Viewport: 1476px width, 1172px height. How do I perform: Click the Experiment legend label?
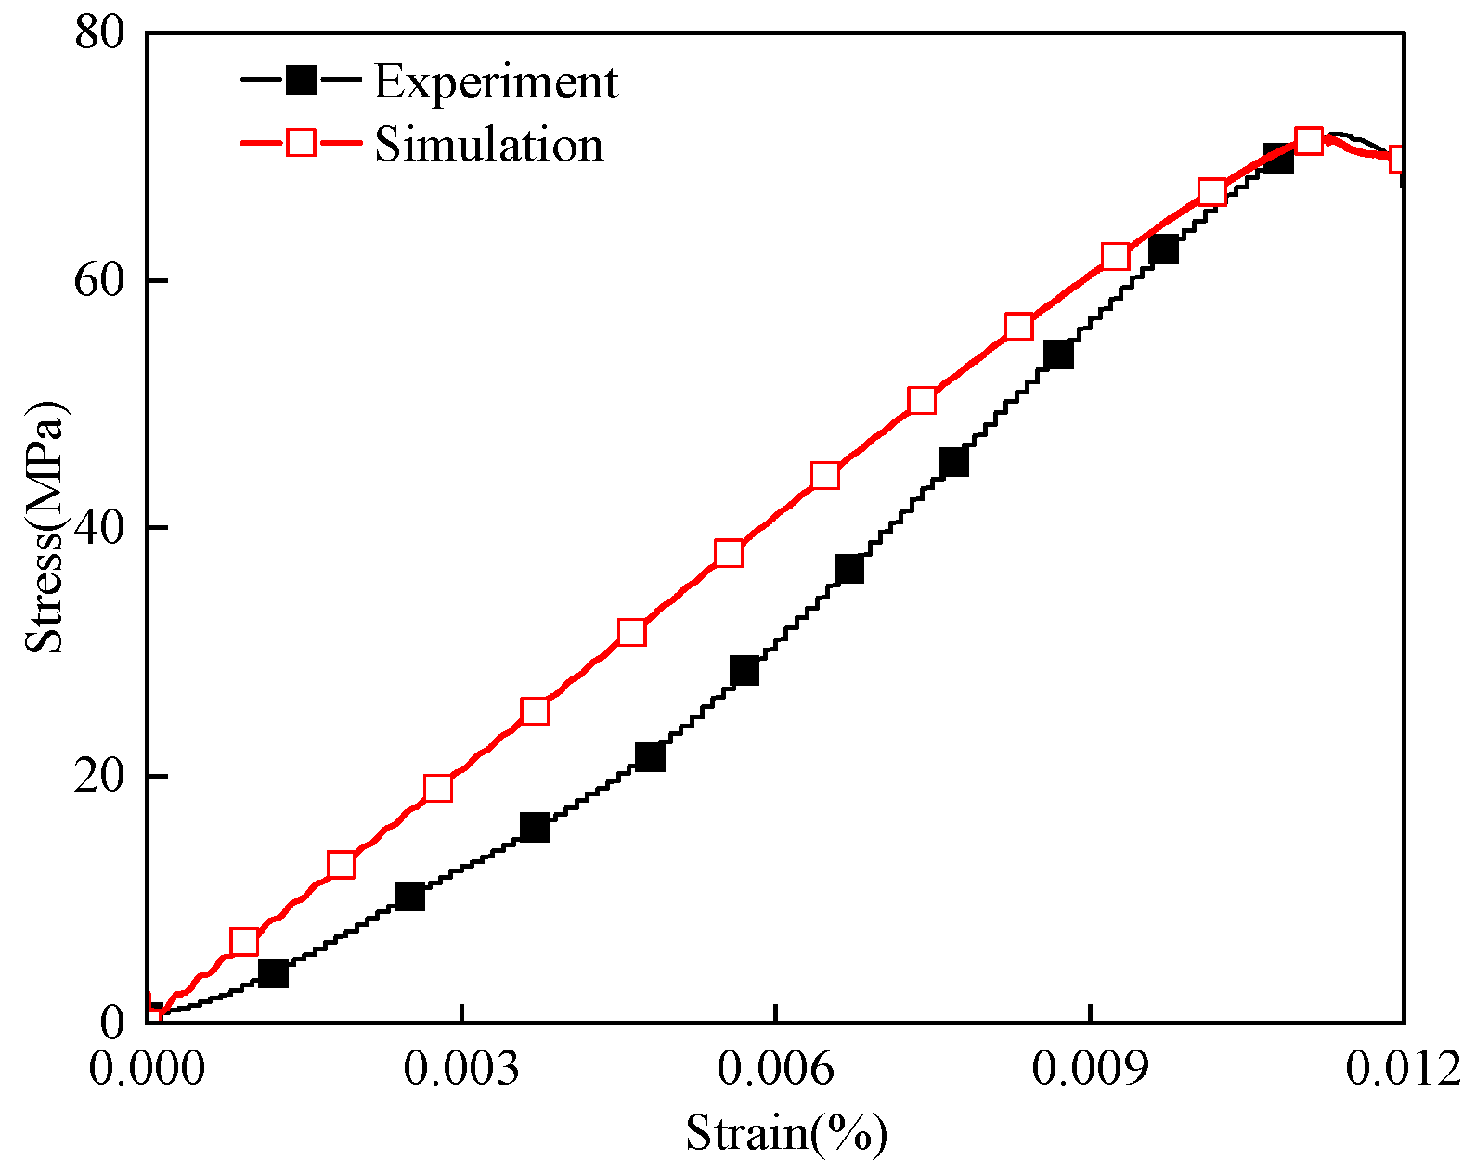[x=495, y=82]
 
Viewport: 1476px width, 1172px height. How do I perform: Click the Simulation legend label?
[x=489, y=145]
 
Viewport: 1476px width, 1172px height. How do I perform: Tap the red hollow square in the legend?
[x=301, y=143]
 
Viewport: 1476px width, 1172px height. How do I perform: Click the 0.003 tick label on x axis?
[x=460, y=1069]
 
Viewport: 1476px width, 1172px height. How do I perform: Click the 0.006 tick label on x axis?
[x=775, y=1069]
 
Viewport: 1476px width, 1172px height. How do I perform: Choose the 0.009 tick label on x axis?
[x=1089, y=1069]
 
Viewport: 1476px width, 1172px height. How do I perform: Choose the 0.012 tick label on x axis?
[x=1403, y=1069]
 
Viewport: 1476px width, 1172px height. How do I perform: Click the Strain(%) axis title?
[x=786, y=1133]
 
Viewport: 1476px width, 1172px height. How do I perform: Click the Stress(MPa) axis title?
[x=45, y=527]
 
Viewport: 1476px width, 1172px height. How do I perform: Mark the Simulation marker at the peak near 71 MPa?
[x=1308, y=141]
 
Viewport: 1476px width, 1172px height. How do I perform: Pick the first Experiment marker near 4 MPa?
[x=273, y=973]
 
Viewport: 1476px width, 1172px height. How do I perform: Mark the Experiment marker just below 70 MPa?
[x=1278, y=159]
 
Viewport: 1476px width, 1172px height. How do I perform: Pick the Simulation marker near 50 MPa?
[x=922, y=400]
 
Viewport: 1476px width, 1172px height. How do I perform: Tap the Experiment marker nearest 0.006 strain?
[x=744, y=670]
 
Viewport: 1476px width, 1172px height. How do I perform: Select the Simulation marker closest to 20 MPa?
[x=438, y=788]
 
